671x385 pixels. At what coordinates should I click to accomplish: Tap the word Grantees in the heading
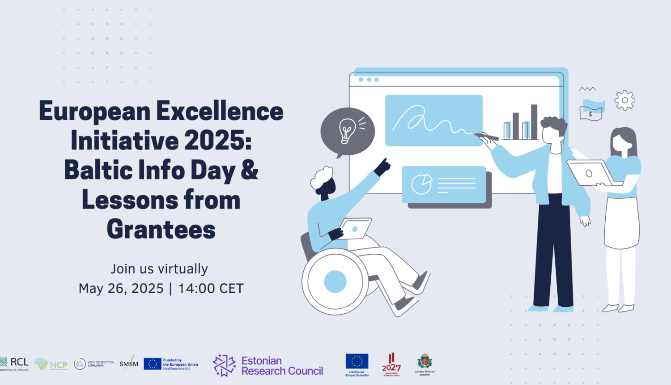click(x=161, y=230)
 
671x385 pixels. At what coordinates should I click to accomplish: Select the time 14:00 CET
click(x=211, y=289)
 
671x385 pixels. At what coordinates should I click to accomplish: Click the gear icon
click(x=624, y=100)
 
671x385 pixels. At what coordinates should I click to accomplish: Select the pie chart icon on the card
click(x=421, y=184)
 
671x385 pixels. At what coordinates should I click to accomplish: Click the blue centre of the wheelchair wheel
click(x=335, y=282)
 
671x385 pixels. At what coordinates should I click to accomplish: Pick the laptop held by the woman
click(x=590, y=173)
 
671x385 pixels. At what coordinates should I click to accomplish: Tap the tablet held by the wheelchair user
click(x=355, y=228)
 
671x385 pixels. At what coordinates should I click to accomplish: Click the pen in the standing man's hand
click(x=486, y=136)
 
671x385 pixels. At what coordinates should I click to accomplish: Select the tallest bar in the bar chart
click(x=534, y=121)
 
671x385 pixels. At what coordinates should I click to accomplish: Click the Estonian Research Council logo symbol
click(x=224, y=365)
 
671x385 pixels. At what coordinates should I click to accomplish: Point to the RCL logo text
click(x=19, y=362)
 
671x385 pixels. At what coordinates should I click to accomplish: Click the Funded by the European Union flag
click(x=153, y=364)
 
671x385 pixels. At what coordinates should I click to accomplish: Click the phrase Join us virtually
click(x=159, y=269)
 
